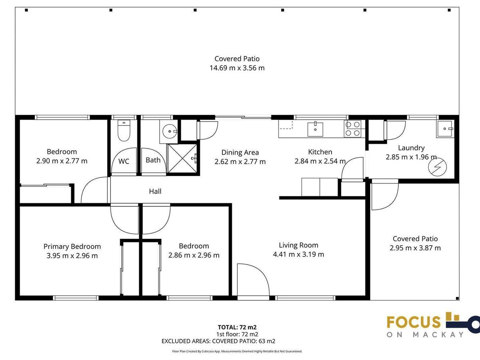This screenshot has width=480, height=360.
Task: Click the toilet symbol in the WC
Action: [124, 130]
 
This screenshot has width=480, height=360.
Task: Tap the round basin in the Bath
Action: [170, 131]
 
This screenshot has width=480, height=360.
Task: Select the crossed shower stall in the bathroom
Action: [182, 158]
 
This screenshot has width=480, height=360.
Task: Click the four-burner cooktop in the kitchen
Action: [352, 129]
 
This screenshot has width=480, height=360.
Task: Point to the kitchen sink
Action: [315, 129]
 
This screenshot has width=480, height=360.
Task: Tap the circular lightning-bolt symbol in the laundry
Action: [437, 167]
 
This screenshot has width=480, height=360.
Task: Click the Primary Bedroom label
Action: [72, 246]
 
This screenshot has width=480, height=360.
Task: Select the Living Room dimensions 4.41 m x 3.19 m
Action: [298, 254]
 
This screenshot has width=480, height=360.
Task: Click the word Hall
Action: [155, 192]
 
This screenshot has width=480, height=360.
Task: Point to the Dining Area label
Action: [240, 152]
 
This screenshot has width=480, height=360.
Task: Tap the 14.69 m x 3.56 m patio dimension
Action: [237, 68]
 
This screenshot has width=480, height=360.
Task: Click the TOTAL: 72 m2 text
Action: [237, 327]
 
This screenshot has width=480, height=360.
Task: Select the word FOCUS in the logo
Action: [413, 322]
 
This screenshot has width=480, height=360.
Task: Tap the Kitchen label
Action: [320, 152]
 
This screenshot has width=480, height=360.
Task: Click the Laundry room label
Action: [411, 148]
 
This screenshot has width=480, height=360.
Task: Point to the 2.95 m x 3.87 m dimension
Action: [415, 248]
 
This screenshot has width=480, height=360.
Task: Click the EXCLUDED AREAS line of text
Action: [218, 341]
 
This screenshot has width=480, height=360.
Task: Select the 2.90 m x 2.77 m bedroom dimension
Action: [62, 161]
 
